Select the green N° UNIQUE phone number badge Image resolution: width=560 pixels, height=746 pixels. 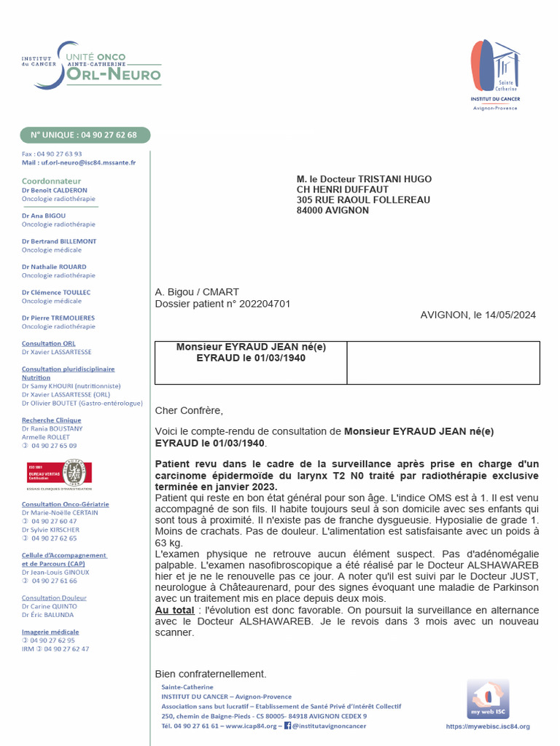click(85, 135)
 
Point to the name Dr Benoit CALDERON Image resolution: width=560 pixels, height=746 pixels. click(55, 190)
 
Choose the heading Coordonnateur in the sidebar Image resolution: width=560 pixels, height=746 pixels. click(52, 181)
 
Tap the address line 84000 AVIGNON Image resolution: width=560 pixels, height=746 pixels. click(332, 211)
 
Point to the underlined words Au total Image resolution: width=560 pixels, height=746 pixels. click(175, 609)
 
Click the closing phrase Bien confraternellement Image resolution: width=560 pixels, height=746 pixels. click(211, 674)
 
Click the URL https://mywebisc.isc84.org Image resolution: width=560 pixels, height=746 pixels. click(487, 726)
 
